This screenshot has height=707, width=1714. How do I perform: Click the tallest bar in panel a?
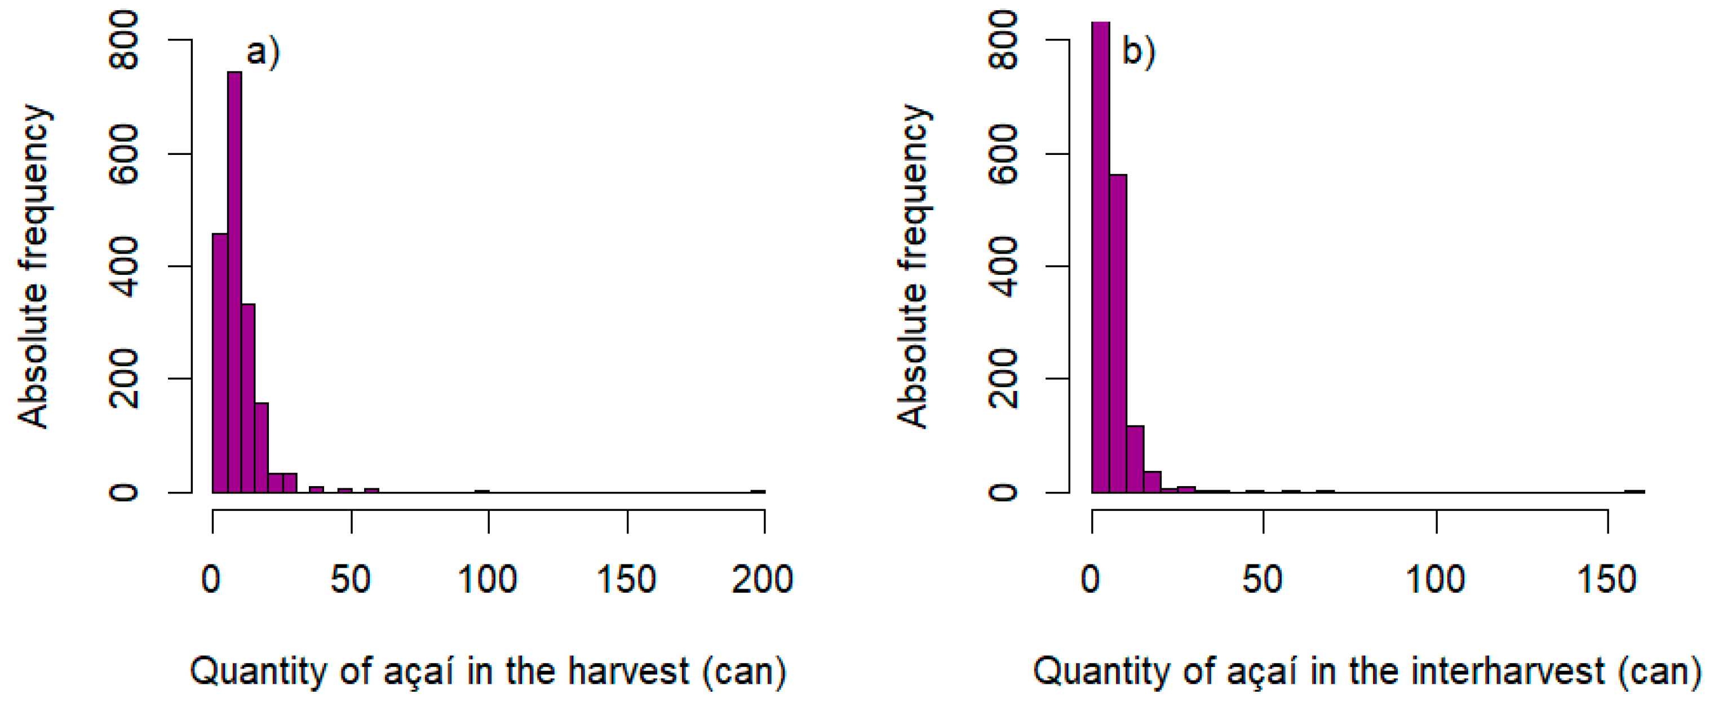coord(234,279)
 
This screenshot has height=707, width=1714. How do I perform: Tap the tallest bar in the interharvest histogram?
coord(1101,259)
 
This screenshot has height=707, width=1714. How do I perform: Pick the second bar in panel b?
coord(1118,332)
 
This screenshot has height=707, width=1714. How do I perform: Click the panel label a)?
coord(263,52)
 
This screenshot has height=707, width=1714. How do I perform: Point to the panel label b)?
coord(1139,52)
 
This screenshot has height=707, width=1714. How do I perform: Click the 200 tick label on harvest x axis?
coord(763,579)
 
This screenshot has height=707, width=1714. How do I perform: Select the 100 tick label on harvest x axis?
coord(487,579)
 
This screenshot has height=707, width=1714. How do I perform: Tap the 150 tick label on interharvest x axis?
coord(1607,579)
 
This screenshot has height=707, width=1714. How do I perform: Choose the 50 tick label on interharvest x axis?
coord(1262,579)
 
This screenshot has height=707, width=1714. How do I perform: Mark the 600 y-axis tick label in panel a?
coord(125,154)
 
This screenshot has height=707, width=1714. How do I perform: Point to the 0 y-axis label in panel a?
coord(125,492)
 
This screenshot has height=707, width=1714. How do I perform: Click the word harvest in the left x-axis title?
coord(628,672)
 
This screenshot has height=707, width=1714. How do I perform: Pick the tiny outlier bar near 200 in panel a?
coord(758,491)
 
